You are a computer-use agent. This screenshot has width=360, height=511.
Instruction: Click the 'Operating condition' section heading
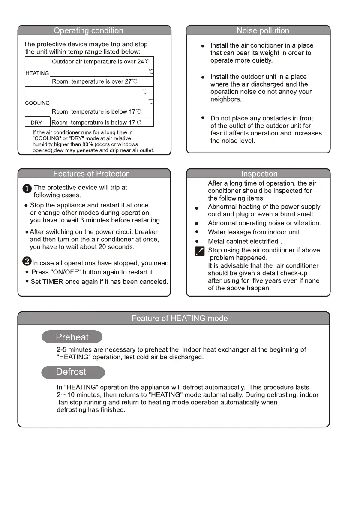click(x=88, y=30)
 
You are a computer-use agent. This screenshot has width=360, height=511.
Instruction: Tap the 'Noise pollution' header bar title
click(x=263, y=30)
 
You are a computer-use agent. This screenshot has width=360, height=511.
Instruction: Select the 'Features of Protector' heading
click(x=91, y=174)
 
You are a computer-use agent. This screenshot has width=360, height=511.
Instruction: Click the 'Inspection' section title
click(x=259, y=174)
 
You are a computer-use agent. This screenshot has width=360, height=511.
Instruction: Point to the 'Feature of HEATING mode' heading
click(x=180, y=318)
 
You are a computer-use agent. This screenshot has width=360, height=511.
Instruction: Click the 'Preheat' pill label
click(x=72, y=337)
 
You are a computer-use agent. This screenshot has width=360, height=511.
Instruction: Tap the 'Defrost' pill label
click(x=71, y=372)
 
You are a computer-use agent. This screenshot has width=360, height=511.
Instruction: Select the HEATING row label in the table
click(x=37, y=73)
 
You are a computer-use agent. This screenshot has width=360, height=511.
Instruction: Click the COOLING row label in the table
click(x=38, y=103)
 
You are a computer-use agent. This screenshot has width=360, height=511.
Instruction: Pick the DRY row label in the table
click(x=37, y=123)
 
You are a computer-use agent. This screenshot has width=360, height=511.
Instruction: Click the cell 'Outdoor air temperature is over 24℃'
click(x=100, y=62)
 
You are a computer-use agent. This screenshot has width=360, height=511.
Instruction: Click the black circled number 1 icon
click(x=27, y=189)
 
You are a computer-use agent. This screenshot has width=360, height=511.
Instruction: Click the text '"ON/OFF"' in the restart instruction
click(x=67, y=272)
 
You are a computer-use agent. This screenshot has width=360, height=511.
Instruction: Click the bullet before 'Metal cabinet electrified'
click(x=196, y=241)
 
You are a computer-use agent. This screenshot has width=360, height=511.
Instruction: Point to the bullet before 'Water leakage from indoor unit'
click(x=196, y=232)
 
